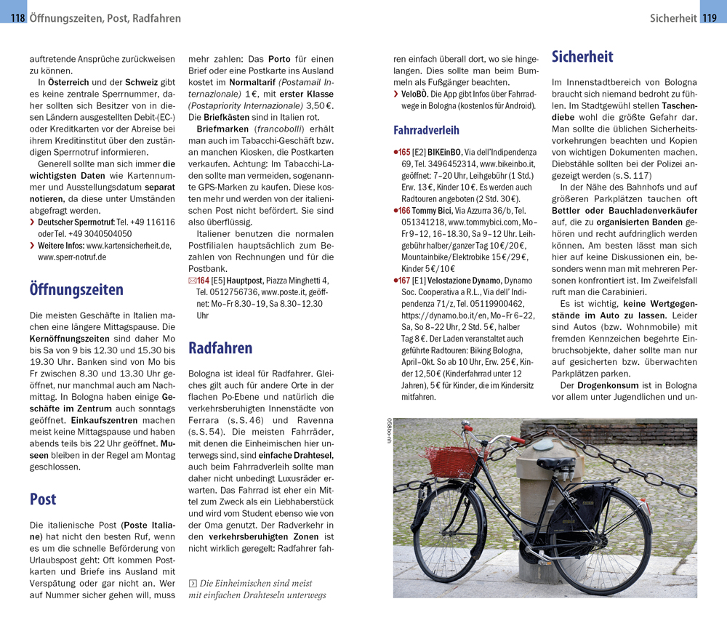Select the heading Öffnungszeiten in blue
76,290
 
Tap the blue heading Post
43,499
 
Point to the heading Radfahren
220,348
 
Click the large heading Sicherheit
582,57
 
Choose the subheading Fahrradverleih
426,131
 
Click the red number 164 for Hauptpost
203,281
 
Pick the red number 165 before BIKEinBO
403,152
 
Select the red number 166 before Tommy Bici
403,211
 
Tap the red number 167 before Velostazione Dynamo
403,281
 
